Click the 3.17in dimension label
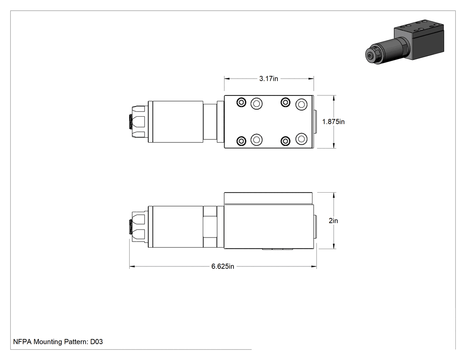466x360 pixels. click(269, 79)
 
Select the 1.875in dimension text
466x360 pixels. click(333, 122)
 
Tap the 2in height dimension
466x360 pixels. click(333, 221)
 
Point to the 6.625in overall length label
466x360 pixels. click(223, 266)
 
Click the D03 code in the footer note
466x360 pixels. click(97, 341)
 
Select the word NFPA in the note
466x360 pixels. click(22, 341)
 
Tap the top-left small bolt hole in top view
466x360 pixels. click(241, 103)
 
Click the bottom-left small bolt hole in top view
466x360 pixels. click(241, 141)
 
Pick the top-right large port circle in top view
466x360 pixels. click(301, 104)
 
